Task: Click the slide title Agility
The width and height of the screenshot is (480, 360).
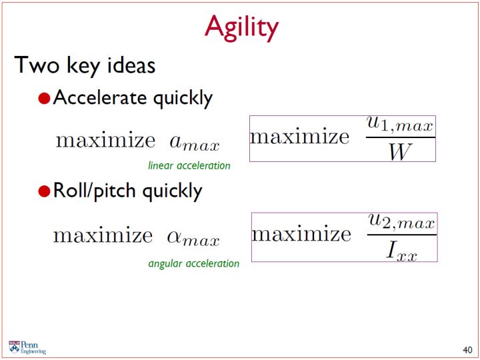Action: pyautogui.click(x=241, y=28)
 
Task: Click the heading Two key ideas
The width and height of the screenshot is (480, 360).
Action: pyautogui.click(x=85, y=65)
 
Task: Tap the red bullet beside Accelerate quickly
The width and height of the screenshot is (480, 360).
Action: pyautogui.click(x=45, y=98)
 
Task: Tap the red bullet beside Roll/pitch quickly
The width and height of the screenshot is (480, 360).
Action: pyautogui.click(x=45, y=191)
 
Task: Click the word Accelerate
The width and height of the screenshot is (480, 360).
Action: pyautogui.click(x=100, y=97)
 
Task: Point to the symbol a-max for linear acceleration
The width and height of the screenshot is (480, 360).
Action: pyautogui.click(x=195, y=142)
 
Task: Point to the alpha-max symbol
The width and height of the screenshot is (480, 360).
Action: pyautogui.click(x=193, y=238)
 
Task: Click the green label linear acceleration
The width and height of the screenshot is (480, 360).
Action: pyautogui.click(x=189, y=165)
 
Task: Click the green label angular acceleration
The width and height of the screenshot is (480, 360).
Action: pyautogui.click(x=194, y=263)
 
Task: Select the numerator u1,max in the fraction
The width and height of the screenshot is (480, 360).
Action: pyautogui.click(x=400, y=125)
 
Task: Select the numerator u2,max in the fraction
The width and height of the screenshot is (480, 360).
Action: pyautogui.click(x=401, y=222)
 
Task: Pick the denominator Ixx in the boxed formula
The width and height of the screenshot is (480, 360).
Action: pyautogui.click(x=401, y=250)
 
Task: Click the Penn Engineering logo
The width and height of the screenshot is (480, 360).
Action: pyautogui.click(x=27, y=347)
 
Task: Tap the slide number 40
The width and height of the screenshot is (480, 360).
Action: pyautogui.click(x=467, y=350)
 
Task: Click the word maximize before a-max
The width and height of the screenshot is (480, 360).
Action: pyautogui.click(x=105, y=140)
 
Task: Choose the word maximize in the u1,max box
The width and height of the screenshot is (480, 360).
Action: pyautogui.click(x=300, y=137)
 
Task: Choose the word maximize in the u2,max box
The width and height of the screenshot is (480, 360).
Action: pyautogui.click(x=301, y=234)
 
